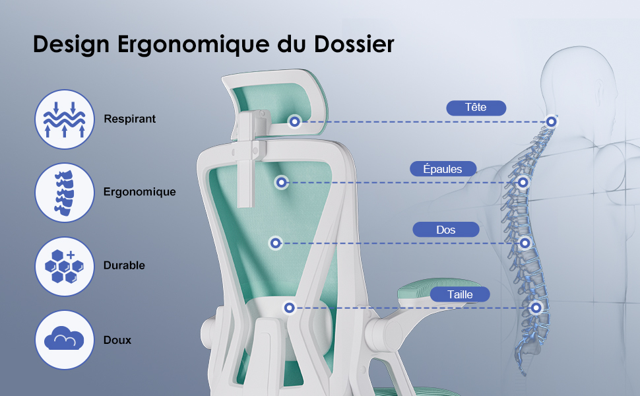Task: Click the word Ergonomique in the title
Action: click(x=193, y=44)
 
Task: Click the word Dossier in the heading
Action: click(x=354, y=44)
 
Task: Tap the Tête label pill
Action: click(x=476, y=108)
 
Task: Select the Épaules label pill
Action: click(x=443, y=168)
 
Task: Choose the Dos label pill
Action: click(x=446, y=230)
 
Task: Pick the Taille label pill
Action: click(x=460, y=294)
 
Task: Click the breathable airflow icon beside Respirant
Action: click(x=65, y=119)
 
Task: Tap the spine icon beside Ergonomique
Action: click(x=65, y=193)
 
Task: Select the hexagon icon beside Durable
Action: click(x=65, y=266)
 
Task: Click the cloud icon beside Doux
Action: click(x=65, y=340)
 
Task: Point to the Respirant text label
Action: click(x=130, y=119)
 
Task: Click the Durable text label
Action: click(x=124, y=265)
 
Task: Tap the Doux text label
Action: click(x=117, y=340)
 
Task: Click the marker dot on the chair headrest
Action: click(x=295, y=121)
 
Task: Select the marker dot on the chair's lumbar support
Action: click(x=290, y=308)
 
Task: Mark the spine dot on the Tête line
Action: click(x=552, y=121)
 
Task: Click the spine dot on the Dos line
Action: click(x=525, y=244)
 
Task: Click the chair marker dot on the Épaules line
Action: click(x=281, y=182)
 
